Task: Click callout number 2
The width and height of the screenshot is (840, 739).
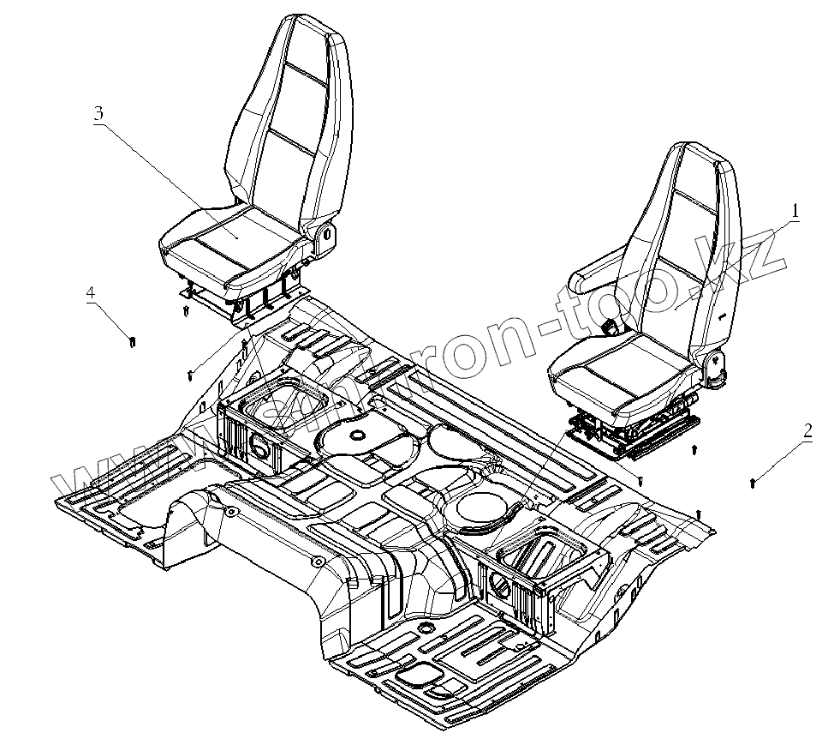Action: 806,431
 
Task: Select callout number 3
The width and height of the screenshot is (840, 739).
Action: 98,113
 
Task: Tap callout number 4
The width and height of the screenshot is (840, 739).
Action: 90,293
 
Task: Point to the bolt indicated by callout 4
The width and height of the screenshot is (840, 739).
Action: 132,343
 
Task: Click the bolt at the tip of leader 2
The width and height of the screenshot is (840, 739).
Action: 752,484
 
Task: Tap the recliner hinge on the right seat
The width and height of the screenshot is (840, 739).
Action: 712,363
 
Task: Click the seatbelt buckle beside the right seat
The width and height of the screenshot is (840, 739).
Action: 611,327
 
